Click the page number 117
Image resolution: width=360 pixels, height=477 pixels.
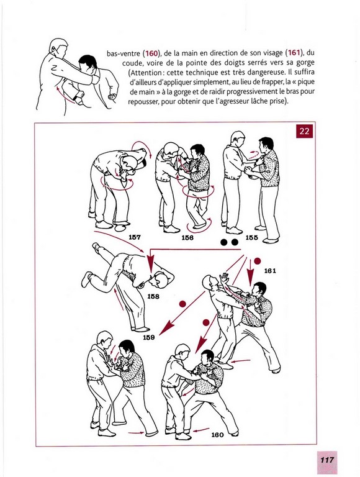click(327, 460)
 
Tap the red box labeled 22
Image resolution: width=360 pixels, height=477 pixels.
click(304, 131)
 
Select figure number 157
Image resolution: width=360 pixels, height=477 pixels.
click(135, 237)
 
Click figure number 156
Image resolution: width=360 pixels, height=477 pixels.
click(187, 238)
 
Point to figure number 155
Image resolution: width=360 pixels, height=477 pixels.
click(251, 238)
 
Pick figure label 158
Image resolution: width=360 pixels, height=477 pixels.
click(153, 296)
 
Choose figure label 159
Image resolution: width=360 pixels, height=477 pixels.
click(149, 337)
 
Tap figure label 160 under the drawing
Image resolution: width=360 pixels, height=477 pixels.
click(217, 435)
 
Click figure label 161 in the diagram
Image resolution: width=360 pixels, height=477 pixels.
click(270, 270)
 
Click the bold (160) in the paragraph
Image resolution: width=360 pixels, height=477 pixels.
click(151, 53)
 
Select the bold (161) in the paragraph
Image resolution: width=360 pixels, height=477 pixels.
click(294, 53)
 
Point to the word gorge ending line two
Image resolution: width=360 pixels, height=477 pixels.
click(306, 63)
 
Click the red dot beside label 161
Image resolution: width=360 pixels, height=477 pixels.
click(257, 261)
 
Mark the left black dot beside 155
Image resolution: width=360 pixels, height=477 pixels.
click(224, 242)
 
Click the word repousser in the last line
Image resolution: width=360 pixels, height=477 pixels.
click(143, 102)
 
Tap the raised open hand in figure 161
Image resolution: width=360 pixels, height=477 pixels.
click(224, 278)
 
